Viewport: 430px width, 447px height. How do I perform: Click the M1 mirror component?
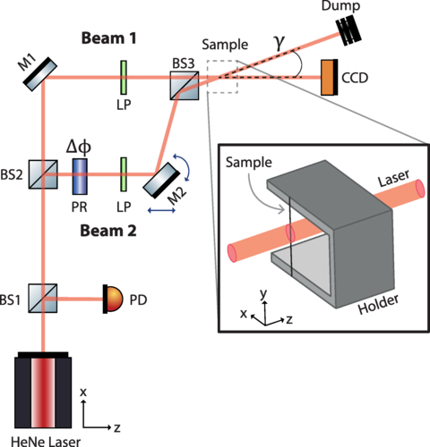pyautogui.click(x=40, y=74)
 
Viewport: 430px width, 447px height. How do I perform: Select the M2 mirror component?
pyautogui.click(x=161, y=181)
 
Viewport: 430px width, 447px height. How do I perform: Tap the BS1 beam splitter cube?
pyautogui.click(x=43, y=298)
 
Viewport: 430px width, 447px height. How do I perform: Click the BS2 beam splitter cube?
pyautogui.click(x=43, y=174)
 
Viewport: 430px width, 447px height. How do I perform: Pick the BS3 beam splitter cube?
pyautogui.click(x=185, y=85)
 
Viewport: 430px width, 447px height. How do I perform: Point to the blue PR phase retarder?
pyautogui.click(x=80, y=176)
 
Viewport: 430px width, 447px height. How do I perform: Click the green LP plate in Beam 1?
pyautogui.click(x=124, y=78)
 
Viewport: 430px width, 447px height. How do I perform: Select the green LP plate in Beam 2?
pyautogui.click(x=124, y=174)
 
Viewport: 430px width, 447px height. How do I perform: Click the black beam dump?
pyautogui.click(x=348, y=32)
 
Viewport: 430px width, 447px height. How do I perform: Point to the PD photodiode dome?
pyautogui.click(x=113, y=299)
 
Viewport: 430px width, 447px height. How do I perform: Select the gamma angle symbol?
pyautogui.click(x=280, y=42)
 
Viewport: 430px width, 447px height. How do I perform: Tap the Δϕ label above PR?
pyautogui.click(x=79, y=148)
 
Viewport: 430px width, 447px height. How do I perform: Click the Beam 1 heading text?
pyautogui.click(x=109, y=38)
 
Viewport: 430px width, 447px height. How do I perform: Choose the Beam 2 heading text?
pyautogui.click(x=108, y=231)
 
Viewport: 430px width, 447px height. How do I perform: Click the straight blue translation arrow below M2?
pyautogui.click(x=161, y=211)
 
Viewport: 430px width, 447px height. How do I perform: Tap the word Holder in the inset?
pyautogui.click(x=379, y=304)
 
